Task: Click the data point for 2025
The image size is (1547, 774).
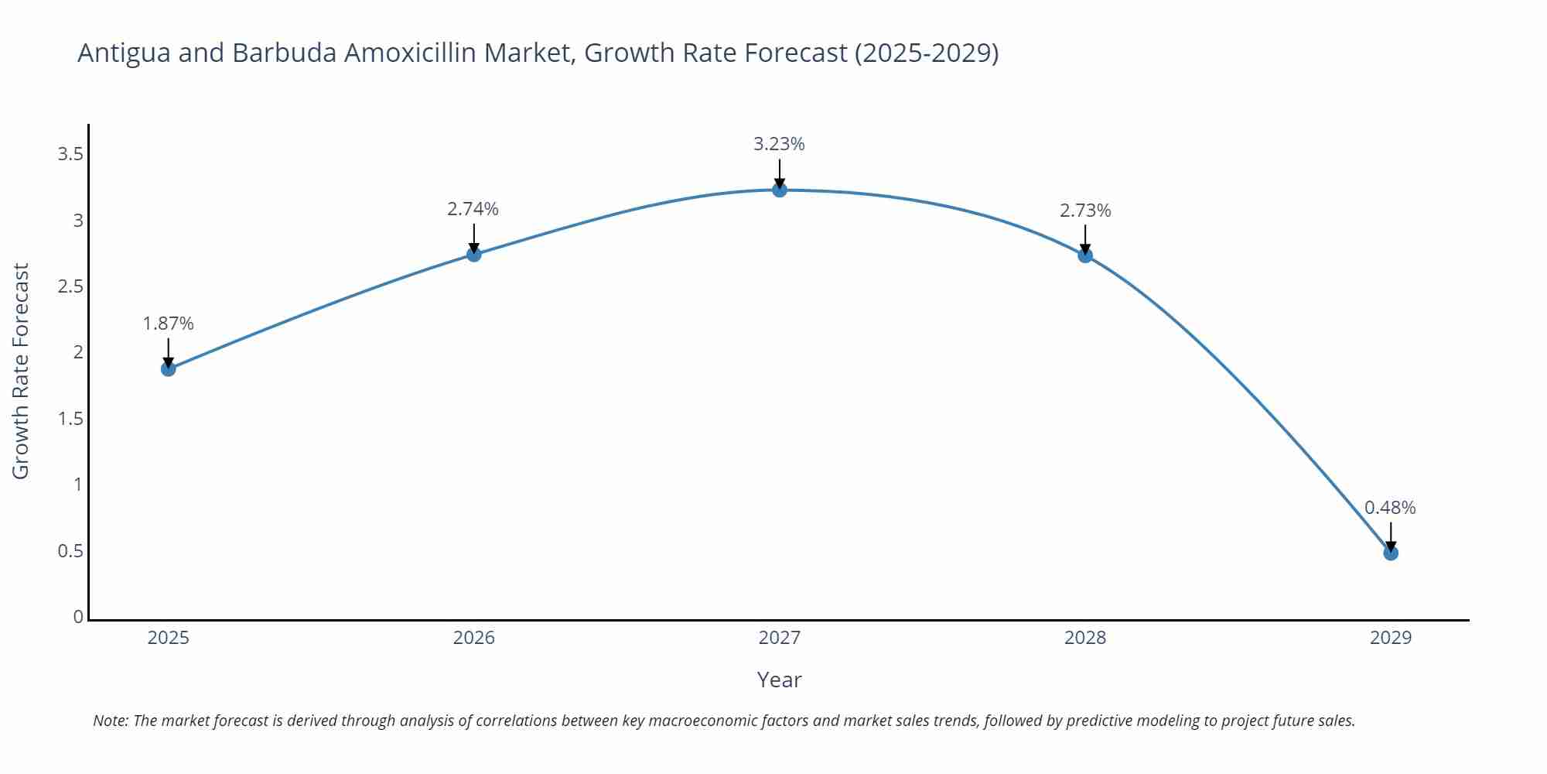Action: point(168,368)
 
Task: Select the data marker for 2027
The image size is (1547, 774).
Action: point(780,190)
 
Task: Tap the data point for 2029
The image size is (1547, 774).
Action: point(1391,553)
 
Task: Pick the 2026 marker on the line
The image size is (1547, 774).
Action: point(474,254)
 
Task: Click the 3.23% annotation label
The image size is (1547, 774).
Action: point(779,144)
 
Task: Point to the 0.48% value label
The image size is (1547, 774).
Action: point(1390,508)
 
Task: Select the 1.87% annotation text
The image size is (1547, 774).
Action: point(168,324)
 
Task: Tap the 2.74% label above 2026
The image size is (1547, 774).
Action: point(473,209)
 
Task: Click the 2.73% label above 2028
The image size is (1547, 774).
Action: point(1085,211)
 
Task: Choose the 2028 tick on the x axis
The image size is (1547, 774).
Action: point(1085,638)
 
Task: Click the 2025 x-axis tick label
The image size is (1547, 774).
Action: point(168,638)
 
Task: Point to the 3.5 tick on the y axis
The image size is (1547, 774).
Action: point(70,154)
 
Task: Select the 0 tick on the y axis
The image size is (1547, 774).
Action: point(78,617)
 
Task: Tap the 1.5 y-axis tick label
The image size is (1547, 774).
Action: point(70,419)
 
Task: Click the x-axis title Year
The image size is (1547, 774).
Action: point(779,680)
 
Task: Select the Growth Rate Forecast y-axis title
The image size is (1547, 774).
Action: point(21,371)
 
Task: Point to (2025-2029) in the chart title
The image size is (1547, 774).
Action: point(927,53)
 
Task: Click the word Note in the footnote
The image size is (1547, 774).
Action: point(110,721)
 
